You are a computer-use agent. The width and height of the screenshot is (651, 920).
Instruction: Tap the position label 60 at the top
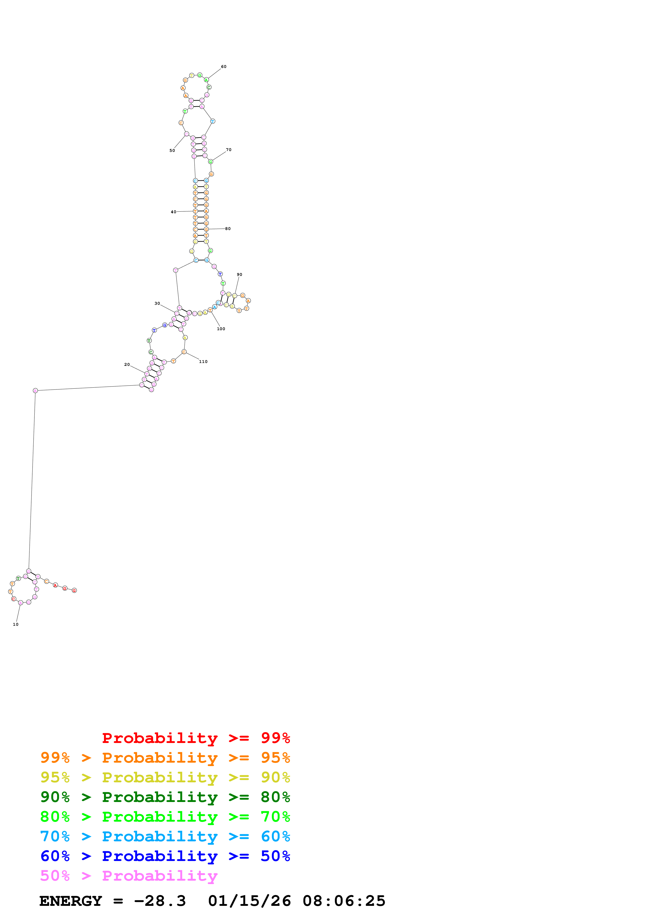223,67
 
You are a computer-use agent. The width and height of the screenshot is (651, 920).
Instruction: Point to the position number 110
203,361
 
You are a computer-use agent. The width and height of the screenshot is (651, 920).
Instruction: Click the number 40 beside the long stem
173,212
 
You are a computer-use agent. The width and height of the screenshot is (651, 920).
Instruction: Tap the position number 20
127,364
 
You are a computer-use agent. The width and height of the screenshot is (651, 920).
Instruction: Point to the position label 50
172,151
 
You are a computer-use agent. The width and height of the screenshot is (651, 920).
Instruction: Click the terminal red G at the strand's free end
74,590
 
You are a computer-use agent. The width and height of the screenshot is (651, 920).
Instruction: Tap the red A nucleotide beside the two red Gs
55,585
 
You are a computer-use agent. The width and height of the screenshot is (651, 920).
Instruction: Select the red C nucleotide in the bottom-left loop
14,599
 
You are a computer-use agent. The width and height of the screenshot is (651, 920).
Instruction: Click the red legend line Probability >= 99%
196,738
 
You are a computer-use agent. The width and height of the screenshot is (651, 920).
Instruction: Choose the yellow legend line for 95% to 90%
165,777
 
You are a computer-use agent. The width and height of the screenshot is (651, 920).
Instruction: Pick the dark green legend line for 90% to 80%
165,797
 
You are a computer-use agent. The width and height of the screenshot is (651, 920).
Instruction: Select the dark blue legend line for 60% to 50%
165,856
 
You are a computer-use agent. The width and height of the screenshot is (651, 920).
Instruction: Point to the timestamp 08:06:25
344,901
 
